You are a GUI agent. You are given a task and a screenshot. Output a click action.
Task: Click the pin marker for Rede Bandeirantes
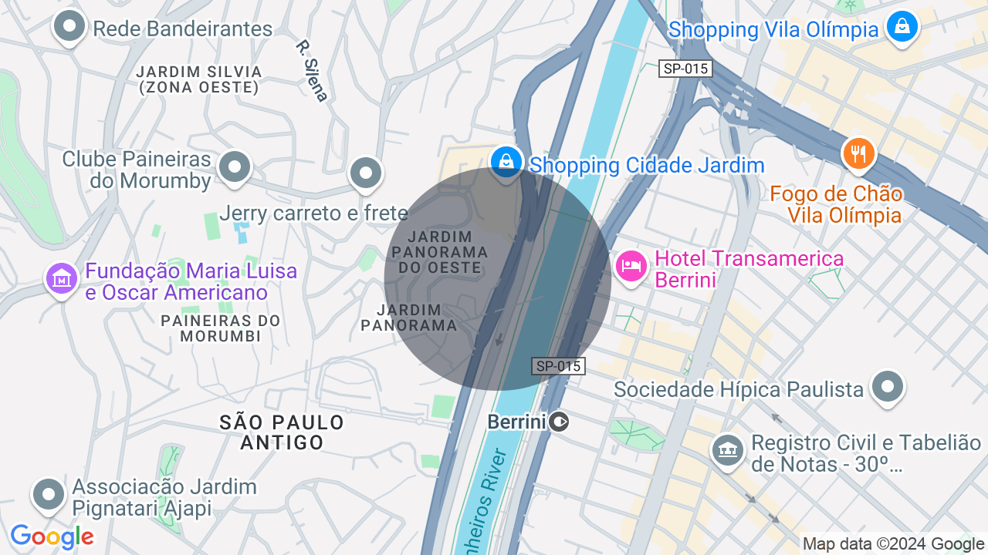coord(69,27)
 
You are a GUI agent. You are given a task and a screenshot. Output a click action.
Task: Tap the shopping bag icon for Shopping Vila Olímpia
coord(901,27)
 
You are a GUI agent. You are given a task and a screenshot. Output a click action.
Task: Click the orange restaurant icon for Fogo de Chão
coord(858,153)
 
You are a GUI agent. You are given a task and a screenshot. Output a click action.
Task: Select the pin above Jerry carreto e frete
coord(366,173)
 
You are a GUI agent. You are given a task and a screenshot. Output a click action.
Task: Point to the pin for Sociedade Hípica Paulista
coord(888,386)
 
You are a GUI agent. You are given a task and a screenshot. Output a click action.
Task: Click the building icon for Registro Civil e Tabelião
coord(727,449)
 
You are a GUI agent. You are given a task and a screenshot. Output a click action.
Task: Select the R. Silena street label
coord(312,70)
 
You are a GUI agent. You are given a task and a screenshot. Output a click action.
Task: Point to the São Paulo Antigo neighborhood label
coord(282,432)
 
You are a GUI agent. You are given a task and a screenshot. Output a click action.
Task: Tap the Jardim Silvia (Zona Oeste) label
coord(199,79)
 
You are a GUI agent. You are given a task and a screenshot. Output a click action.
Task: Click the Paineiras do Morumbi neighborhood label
coord(220,328)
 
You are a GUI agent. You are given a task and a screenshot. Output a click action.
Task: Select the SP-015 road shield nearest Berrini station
coord(558,366)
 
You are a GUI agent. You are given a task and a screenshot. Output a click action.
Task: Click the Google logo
coord(52,536)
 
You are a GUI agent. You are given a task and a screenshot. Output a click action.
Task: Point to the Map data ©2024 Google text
coord(892,543)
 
